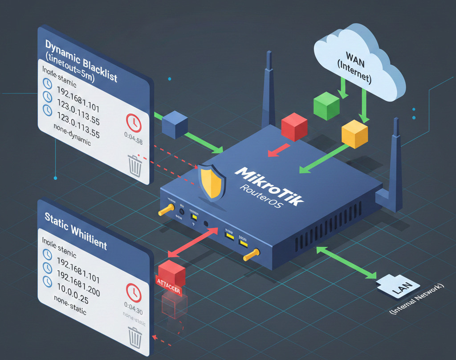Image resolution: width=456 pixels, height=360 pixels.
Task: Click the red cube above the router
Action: (294, 127)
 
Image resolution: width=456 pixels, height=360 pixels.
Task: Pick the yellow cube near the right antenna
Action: (354, 134)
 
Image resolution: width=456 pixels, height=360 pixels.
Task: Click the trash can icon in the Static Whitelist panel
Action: (134, 337)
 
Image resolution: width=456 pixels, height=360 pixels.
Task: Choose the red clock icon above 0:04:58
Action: (134, 121)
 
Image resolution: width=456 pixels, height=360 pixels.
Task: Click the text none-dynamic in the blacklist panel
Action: (72, 137)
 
